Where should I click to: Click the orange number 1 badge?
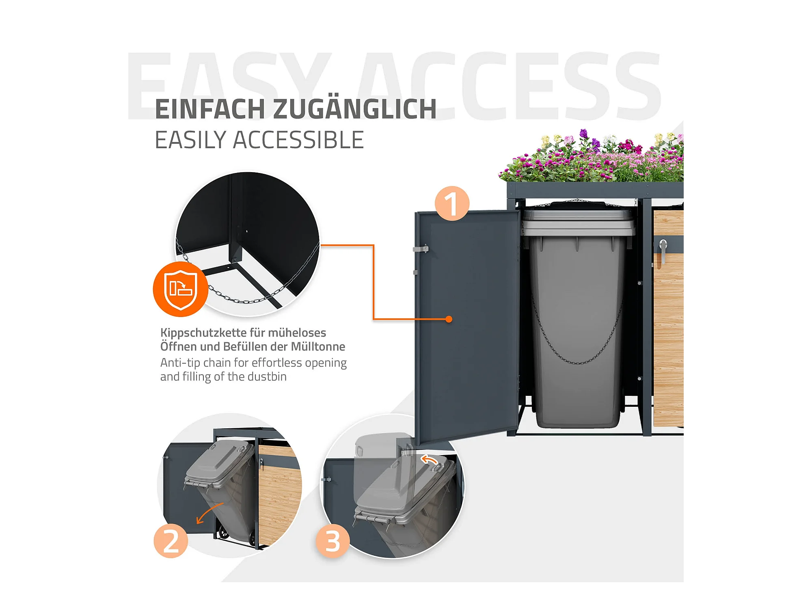(452, 203)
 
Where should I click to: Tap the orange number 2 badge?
(171, 541)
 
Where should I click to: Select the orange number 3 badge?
(333, 541)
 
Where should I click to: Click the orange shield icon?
(181, 289)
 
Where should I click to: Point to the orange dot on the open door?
(449, 319)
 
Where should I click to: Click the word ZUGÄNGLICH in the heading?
(355, 109)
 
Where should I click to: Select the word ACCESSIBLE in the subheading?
(298, 140)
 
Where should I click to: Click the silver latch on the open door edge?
(421, 248)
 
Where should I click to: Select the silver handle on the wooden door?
(663, 251)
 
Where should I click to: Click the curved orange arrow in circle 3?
(429, 459)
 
